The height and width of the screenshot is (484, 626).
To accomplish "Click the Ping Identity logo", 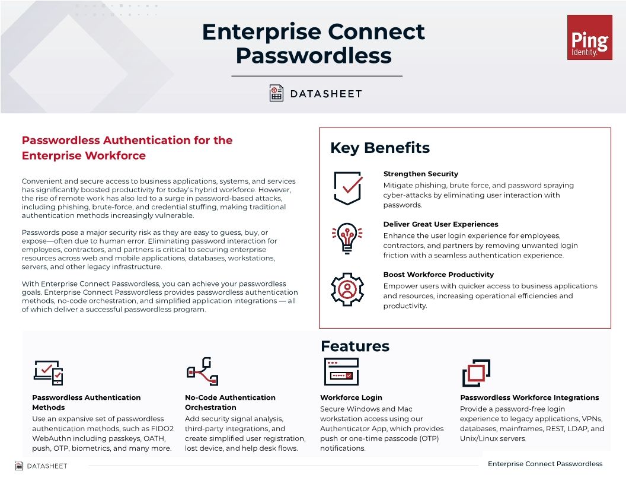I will [x=589, y=37].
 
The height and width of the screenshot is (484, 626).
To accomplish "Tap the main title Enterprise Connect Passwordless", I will [x=313, y=43].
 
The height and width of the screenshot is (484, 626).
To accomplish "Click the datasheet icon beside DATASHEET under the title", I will [x=276, y=93].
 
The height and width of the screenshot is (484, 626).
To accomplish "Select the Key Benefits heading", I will [x=379, y=148].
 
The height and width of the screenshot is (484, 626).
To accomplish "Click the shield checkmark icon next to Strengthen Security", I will [x=347, y=188].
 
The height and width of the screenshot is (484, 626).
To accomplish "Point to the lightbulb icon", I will [x=347, y=238].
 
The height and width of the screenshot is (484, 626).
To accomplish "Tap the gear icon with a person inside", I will [x=347, y=289].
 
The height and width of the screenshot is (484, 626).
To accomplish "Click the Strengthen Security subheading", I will [x=420, y=174].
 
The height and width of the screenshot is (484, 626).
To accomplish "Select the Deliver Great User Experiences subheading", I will [x=440, y=224].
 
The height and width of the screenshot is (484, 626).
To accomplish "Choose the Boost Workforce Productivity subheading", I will [x=438, y=275].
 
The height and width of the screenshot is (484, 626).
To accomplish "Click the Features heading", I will [x=354, y=346].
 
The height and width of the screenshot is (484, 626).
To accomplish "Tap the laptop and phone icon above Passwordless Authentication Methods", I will [x=48, y=372].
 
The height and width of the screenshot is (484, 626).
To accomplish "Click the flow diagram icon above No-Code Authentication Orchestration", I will [x=202, y=371].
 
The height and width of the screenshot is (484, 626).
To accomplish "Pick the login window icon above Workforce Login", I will [x=341, y=372].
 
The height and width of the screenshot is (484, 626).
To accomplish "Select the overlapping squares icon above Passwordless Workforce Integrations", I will [x=475, y=373].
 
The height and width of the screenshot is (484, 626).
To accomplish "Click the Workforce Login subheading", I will [x=351, y=397].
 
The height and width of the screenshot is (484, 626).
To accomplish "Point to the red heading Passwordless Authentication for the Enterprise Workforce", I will [x=127, y=148].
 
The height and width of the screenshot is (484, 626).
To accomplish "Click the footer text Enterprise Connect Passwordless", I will [x=545, y=464].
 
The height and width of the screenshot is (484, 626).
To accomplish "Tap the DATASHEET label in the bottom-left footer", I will [x=47, y=466].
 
